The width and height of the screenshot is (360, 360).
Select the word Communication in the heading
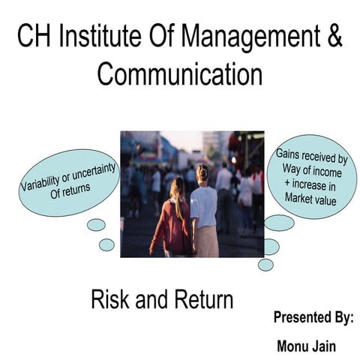(180, 74)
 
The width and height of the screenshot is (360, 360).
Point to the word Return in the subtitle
(200, 301)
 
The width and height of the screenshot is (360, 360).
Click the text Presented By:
(313, 317)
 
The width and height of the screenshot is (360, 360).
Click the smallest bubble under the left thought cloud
(106, 244)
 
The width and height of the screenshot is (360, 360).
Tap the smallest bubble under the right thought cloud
(265, 264)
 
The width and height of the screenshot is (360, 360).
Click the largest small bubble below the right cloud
(279, 223)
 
